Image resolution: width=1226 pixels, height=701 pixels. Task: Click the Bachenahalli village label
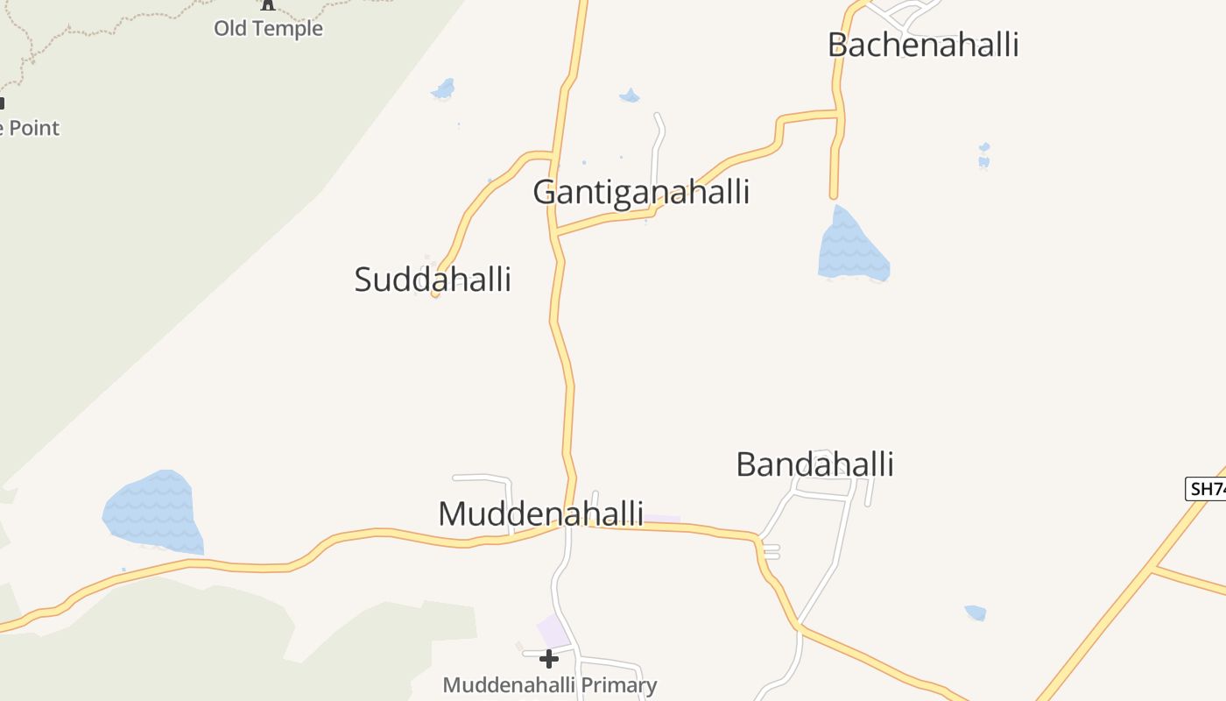click(x=923, y=45)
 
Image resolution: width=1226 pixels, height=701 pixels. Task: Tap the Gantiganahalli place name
click(x=641, y=192)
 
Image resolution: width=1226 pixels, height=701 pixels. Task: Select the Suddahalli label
click(x=433, y=280)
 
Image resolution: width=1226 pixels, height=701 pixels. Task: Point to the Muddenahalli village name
click(x=540, y=513)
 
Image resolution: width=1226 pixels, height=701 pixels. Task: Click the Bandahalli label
click(x=814, y=464)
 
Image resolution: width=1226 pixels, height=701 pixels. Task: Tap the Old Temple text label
click(x=268, y=29)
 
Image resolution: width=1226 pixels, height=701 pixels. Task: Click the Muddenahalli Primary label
click(x=549, y=685)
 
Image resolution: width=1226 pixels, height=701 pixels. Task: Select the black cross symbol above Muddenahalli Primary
click(x=549, y=658)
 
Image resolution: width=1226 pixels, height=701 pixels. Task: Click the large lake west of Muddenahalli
click(x=153, y=513)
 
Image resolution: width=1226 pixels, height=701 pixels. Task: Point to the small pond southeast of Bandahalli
click(x=975, y=612)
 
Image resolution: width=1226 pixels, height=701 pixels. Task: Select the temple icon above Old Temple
click(x=268, y=5)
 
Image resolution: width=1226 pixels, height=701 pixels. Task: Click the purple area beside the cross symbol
click(x=553, y=630)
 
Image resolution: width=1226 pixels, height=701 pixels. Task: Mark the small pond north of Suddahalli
click(x=444, y=89)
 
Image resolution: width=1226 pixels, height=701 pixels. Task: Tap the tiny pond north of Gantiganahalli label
click(x=629, y=96)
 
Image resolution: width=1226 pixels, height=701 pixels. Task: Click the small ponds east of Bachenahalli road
click(x=984, y=156)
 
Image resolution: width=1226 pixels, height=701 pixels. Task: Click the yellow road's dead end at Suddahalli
click(x=435, y=294)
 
